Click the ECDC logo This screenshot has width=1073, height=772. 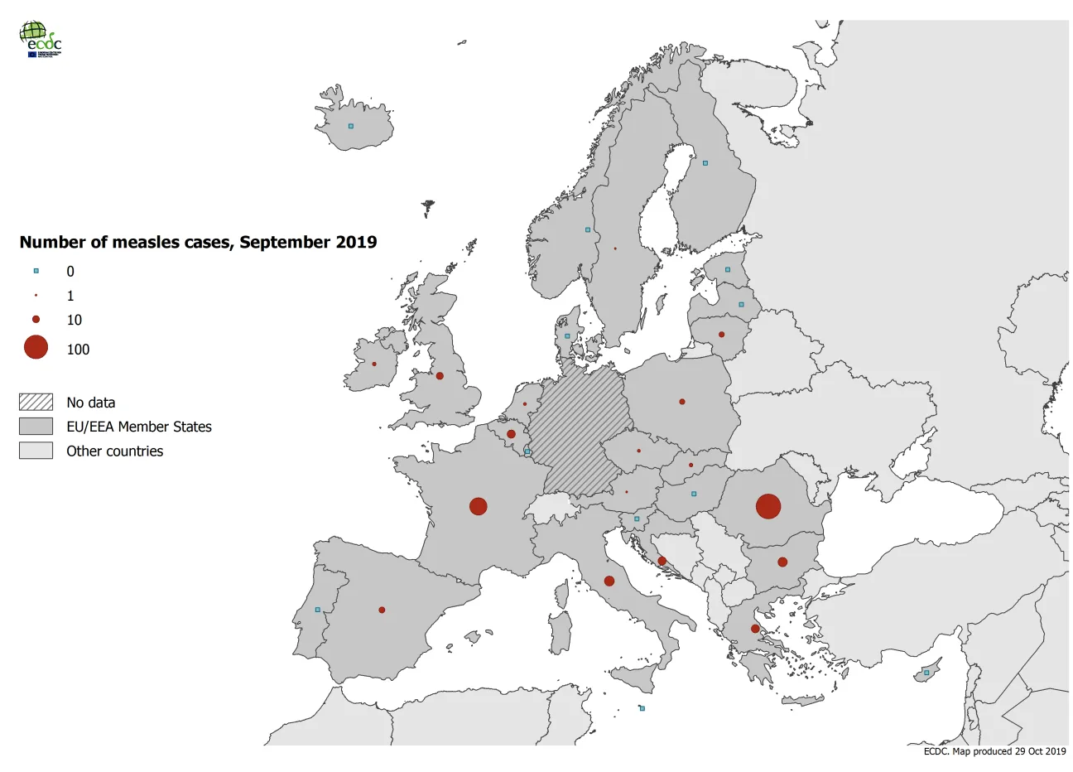pyautogui.click(x=40, y=38)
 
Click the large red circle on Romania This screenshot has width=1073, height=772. pyautogui.click(x=768, y=506)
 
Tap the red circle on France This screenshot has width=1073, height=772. pyautogui.click(x=478, y=506)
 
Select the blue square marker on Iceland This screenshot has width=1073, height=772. pyautogui.click(x=351, y=126)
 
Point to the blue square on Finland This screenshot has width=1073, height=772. pyautogui.click(x=705, y=163)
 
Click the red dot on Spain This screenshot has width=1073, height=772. pyautogui.click(x=382, y=610)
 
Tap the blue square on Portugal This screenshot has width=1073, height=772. pyautogui.click(x=317, y=610)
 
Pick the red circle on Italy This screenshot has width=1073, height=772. pyautogui.click(x=609, y=581)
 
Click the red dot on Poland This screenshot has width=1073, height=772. pyautogui.click(x=682, y=402)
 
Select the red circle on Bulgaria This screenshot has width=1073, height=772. pyautogui.click(x=782, y=562)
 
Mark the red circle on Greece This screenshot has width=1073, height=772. pyautogui.click(x=755, y=629)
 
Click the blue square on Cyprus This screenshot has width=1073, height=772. pyautogui.click(x=926, y=673)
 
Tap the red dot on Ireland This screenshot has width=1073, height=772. pyautogui.click(x=374, y=364)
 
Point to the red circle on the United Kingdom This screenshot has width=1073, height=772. pyautogui.click(x=440, y=376)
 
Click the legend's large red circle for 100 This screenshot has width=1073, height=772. pyautogui.click(x=36, y=348)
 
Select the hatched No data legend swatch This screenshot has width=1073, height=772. pyautogui.click(x=36, y=403)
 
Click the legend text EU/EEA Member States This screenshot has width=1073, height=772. pyautogui.click(x=139, y=427)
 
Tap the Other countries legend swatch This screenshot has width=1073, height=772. pyautogui.click(x=36, y=451)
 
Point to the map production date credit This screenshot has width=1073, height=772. pyautogui.click(x=994, y=751)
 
